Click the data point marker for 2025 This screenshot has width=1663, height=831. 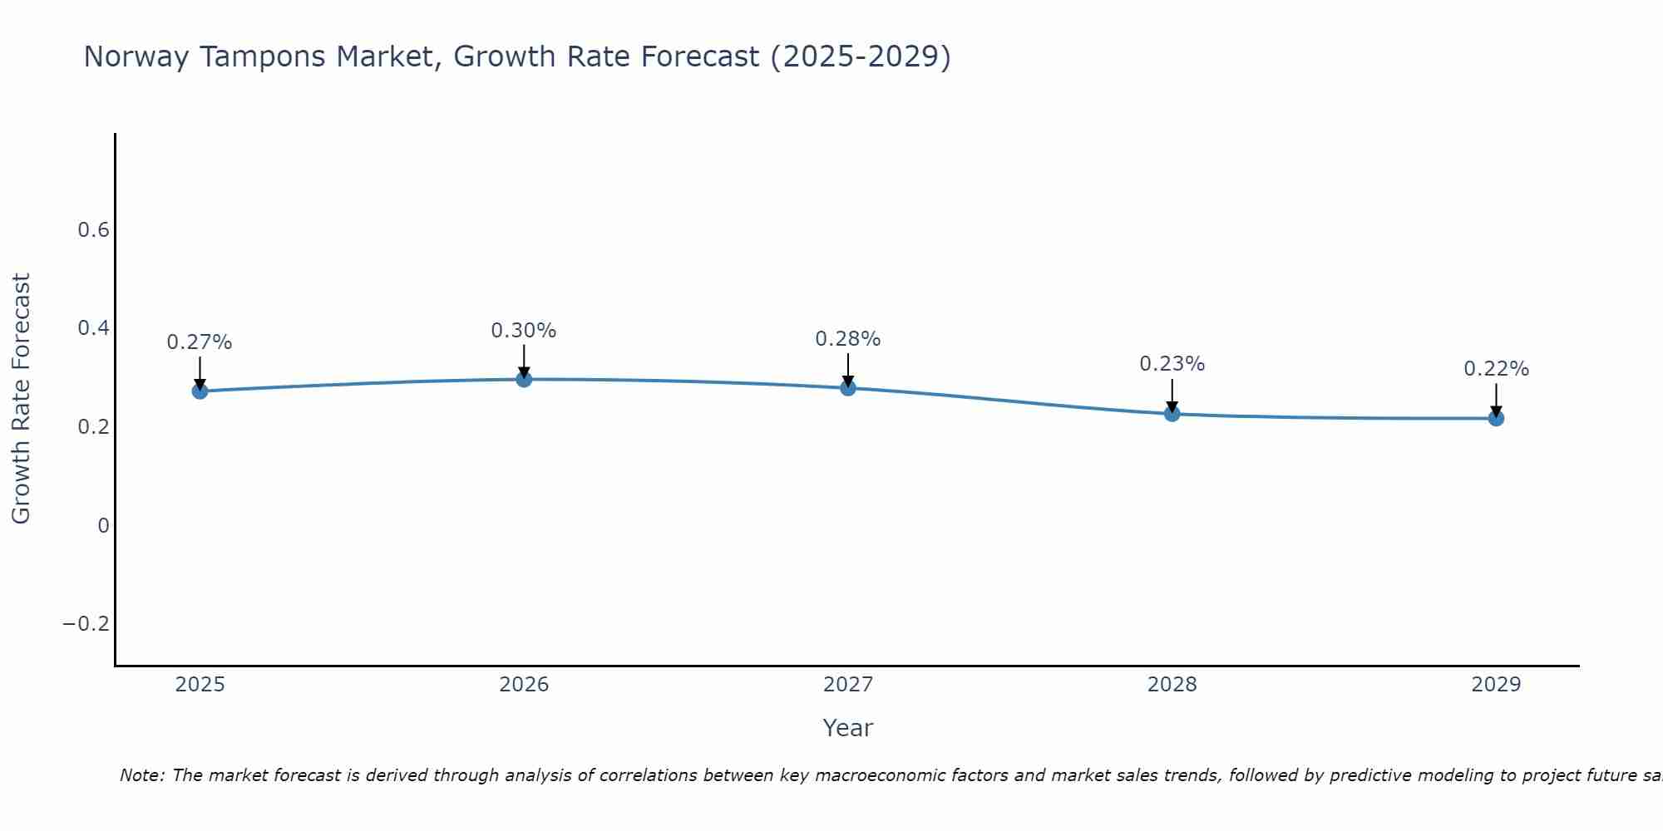click(x=200, y=391)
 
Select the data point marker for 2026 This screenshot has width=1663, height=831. click(x=524, y=379)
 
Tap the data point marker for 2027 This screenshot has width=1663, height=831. click(x=848, y=387)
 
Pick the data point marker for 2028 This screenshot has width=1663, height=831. click(x=1172, y=413)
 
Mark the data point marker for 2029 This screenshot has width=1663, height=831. click(x=1496, y=418)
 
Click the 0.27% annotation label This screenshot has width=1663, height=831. click(x=200, y=342)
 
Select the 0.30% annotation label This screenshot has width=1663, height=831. click(x=524, y=331)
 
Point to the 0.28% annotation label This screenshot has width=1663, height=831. click(x=848, y=339)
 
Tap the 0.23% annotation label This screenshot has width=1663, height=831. click(x=1172, y=364)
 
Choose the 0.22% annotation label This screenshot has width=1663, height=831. click(x=1496, y=369)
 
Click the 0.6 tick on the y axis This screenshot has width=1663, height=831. click(x=93, y=230)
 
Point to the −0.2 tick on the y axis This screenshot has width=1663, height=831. click(x=86, y=624)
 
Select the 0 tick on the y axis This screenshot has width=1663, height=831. click(x=103, y=525)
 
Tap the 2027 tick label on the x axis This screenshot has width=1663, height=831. click(x=848, y=685)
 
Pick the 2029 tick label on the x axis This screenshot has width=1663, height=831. click(x=1496, y=685)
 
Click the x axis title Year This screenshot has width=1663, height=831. click(x=848, y=728)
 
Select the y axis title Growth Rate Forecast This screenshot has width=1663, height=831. click(x=21, y=399)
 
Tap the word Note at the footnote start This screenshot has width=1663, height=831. click(x=142, y=775)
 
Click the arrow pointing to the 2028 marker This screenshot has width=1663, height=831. click(x=1172, y=395)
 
